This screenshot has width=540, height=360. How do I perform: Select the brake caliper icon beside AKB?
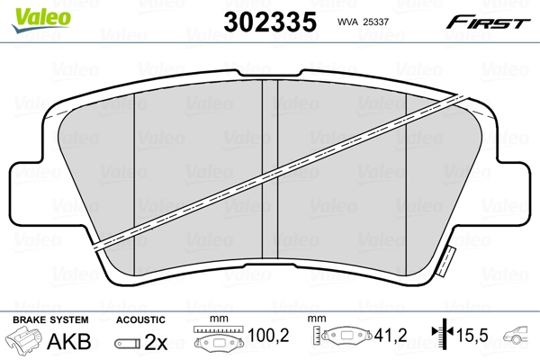pos(24,341)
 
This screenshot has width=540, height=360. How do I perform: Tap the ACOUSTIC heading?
pos(140,319)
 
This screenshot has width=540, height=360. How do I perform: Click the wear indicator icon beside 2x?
pos(128,343)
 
